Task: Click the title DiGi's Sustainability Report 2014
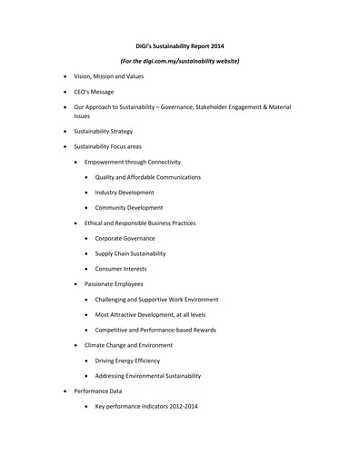[x=180, y=45]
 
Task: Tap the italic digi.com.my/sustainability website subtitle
[x=180, y=60]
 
